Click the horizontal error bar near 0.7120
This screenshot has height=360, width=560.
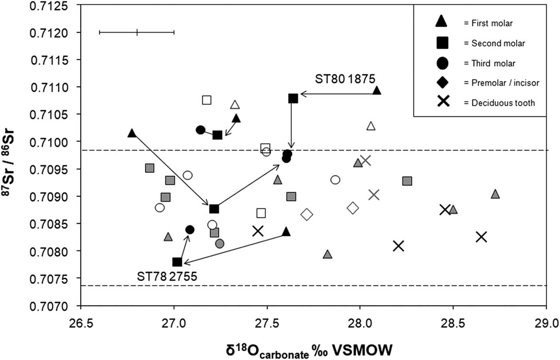137,32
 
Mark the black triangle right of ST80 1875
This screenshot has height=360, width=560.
377,91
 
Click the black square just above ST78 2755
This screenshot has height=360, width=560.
177,262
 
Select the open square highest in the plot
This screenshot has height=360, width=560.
207,100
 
